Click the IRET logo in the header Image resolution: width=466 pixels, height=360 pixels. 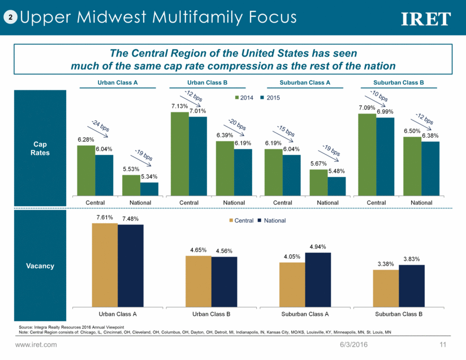point(426,19)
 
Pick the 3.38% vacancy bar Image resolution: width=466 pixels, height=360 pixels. point(386,288)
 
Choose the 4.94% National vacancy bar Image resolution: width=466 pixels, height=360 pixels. point(318,279)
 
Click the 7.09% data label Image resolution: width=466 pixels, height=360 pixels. point(366,107)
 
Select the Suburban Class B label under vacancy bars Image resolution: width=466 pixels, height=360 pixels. point(399,313)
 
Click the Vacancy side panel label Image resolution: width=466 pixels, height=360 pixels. point(41,266)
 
